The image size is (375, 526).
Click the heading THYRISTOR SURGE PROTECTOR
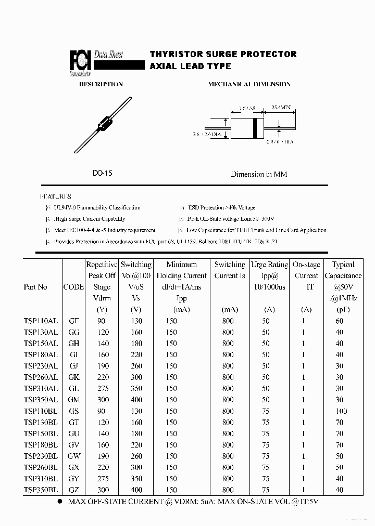coord(223,54)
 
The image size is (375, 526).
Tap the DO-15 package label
coord(102,174)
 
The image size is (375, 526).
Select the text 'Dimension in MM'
coord(259,174)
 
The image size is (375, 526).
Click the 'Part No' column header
coord(35,287)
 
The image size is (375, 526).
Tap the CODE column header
coord(73,287)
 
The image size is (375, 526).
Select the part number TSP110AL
coord(41,321)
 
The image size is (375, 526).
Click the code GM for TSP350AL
coord(74,400)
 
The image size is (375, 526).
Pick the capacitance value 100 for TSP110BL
coord(341,411)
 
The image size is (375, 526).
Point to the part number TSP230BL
coord(41,456)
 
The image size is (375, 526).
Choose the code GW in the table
coord(74,456)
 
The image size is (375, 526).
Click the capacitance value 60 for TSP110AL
coord(340,321)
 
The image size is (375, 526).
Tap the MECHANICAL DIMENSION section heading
coord(249,84)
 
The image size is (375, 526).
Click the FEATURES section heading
coord(56,197)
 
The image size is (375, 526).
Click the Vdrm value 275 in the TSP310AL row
coord(102,388)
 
